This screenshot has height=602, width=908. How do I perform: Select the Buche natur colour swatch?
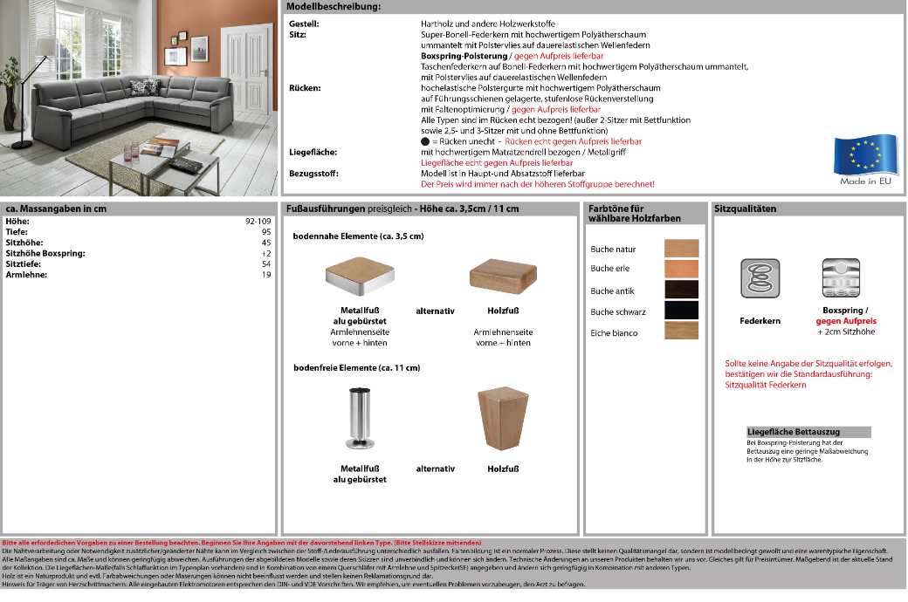pyautogui.click(x=682, y=249)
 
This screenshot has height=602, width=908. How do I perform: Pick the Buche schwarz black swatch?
pyautogui.click(x=682, y=311)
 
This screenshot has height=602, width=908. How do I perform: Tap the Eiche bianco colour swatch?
pyautogui.click(x=682, y=332)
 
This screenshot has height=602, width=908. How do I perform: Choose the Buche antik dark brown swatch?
pyautogui.click(x=682, y=290)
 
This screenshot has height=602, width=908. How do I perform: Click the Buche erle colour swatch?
pyautogui.click(x=682, y=269)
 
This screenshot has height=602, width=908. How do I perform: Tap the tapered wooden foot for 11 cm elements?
pyautogui.click(x=504, y=420)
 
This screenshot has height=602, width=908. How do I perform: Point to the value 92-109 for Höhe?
pyautogui.click(x=258, y=222)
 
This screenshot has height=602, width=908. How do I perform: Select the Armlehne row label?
pyautogui.click(x=26, y=275)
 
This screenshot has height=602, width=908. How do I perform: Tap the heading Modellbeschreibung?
pyautogui.click(x=334, y=7)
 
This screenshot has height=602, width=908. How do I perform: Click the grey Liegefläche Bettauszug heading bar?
pyautogui.click(x=808, y=432)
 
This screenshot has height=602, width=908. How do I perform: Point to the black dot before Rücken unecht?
pyautogui.click(x=424, y=141)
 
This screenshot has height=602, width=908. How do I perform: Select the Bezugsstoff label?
pyautogui.click(x=313, y=174)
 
